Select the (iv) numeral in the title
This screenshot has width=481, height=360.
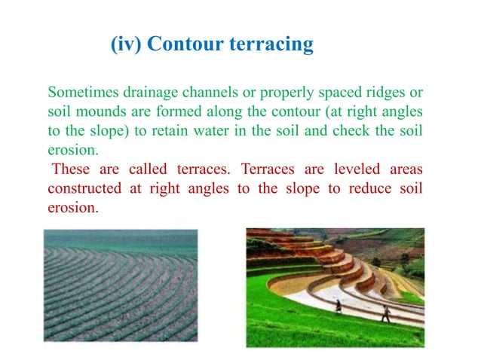tap(126, 44)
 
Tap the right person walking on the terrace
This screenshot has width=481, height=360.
tap(385, 313)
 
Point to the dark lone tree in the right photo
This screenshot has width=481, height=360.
tap(375, 261)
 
